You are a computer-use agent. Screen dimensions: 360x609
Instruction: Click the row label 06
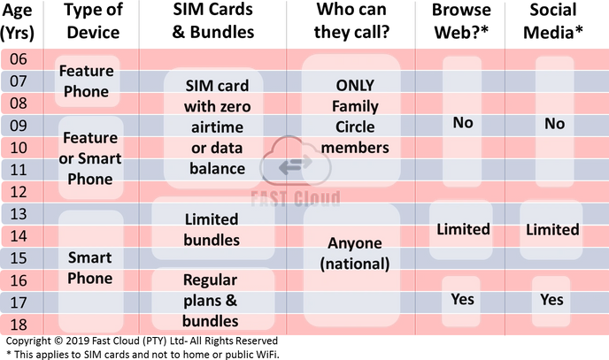tap(19, 59)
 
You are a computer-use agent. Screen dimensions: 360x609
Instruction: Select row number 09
tap(19, 126)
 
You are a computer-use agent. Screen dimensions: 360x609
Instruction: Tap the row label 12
tap(19, 191)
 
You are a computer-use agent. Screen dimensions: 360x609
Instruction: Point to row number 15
tap(19, 257)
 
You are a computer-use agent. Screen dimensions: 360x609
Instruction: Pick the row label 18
tap(19, 324)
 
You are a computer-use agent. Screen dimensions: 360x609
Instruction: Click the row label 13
tap(19, 213)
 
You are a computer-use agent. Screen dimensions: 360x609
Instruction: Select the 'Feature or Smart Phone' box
tap(90, 158)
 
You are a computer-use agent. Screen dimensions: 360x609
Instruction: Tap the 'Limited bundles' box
tap(212, 229)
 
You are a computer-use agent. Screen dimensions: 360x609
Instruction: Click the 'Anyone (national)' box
tap(353, 253)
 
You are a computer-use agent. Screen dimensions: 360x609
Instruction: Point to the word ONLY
tap(354, 86)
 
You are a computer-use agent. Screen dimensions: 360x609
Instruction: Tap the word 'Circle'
tap(354, 127)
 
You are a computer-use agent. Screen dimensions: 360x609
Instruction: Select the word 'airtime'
tap(217, 127)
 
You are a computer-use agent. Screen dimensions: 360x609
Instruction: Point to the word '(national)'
tap(354, 263)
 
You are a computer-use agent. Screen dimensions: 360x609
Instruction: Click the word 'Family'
tap(354, 107)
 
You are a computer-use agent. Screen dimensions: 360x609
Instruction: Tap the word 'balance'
tap(217, 168)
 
